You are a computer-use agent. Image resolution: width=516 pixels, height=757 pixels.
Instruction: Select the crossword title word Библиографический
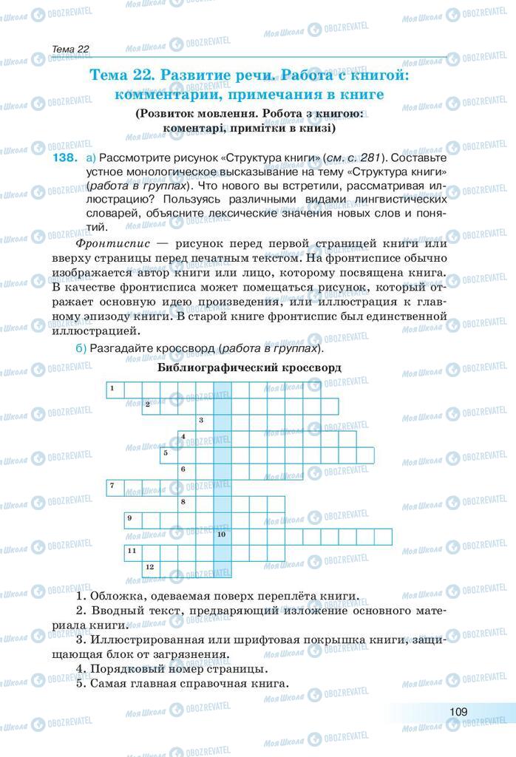[x=207, y=367]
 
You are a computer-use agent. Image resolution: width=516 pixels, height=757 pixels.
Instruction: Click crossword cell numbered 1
[x=115, y=390]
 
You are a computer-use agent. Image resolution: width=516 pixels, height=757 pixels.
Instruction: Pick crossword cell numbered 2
[x=151, y=407]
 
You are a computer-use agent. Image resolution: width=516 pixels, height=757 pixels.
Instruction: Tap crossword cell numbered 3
[x=204, y=423]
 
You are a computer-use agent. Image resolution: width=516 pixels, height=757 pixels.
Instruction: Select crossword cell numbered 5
[x=169, y=455]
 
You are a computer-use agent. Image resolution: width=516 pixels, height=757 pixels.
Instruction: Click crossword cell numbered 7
[x=115, y=487]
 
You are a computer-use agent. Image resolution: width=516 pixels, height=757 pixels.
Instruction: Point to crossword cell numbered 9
[x=132, y=520]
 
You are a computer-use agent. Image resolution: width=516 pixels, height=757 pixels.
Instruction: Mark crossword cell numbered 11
[x=132, y=552]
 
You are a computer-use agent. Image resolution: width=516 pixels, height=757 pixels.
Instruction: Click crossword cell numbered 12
[x=151, y=568]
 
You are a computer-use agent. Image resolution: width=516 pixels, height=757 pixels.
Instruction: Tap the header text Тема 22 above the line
[x=71, y=50]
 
